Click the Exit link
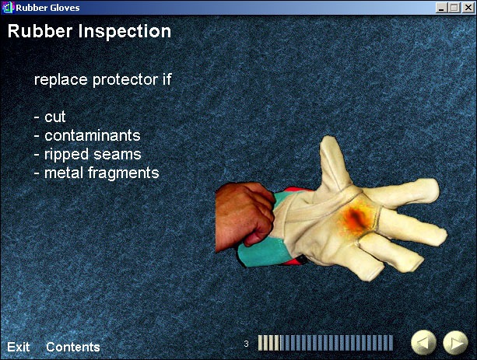[18, 347]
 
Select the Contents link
[73, 347]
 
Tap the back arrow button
[424, 343]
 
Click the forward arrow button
[455, 343]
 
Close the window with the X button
[468, 8]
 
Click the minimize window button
[441, 8]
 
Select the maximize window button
[454, 8]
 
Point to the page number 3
[246, 344]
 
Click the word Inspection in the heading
[125, 31]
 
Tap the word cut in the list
[55, 117]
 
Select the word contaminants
[93, 135]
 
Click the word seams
[117, 155]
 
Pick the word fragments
[124, 173]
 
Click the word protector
[125, 80]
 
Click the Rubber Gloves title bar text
[47, 8]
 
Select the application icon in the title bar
[8, 8]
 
